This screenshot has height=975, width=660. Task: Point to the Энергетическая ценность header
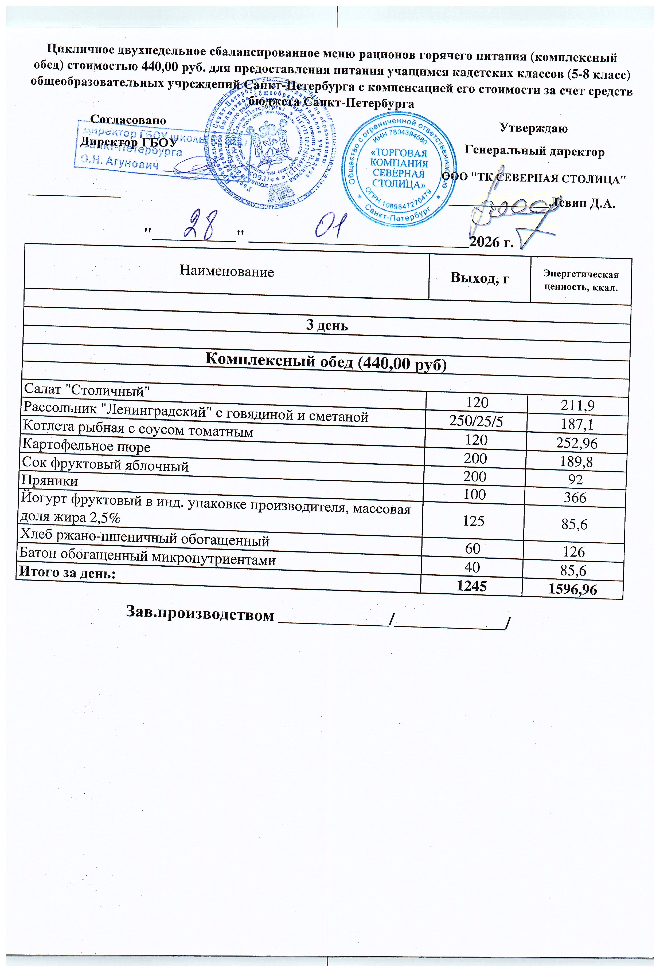581,281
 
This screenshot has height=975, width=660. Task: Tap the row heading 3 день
327,325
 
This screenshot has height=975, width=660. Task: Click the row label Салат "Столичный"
87,390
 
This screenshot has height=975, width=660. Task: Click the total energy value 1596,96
572,589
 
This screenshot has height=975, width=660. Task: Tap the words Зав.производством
200,615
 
